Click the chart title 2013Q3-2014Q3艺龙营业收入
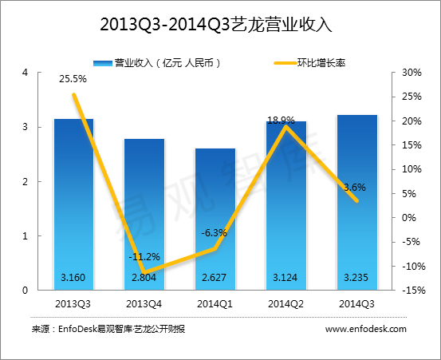click(x=216, y=25)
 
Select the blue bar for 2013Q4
click(x=144, y=214)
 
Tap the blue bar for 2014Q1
click(x=215, y=219)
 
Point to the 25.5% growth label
click(x=73, y=79)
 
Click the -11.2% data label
click(x=144, y=257)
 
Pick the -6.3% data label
click(x=214, y=233)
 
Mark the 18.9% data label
click(x=281, y=121)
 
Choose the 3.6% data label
click(x=355, y=187)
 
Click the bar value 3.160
click(x=73, y=278)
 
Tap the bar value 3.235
click(x=356, y=278)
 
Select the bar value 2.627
click(x=214, y=278)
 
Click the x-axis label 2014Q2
click(x=285, y=304)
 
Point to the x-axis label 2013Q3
click(x=73, y=304)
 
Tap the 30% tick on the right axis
click(x=411, y=73)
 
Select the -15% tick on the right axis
click(x=413, y=291)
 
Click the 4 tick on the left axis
click(x=26, y=73)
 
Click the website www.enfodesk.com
click(x=366, y=329)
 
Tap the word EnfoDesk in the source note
click(x=77, y=329)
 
